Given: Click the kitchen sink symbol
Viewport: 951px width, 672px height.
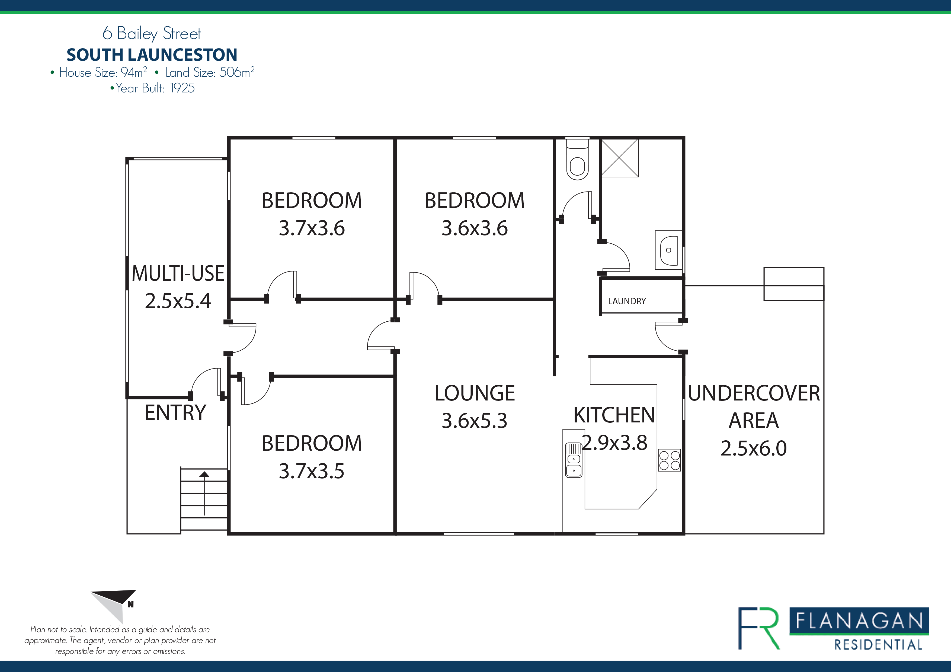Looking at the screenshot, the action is pyautogui.click(x=574, y=460).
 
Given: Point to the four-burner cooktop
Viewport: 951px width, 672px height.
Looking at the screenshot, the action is pyautogui.click(x=669, y=460).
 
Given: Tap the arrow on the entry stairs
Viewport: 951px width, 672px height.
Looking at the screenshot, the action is pyautogui.click(x=204, y=493).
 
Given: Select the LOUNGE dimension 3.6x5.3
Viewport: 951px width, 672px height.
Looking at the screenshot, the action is pyautogui.click(x=474, y=421).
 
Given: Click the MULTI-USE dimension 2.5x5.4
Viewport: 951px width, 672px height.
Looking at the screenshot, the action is pyautogui.click(x=178, y=301).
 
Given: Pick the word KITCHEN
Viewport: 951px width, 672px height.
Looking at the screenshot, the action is pyautogui.click(x=614, y=415).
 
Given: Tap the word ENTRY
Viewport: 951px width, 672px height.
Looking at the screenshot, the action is pyautogui.click(x=175, y=413).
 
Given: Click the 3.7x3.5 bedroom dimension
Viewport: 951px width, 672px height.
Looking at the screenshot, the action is pyautogui.click(x=312, y=471).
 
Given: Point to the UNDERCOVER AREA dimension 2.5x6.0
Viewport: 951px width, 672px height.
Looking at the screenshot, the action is pyautogui.click(x=753, y=448).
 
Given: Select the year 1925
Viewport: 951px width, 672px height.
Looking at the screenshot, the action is pyautogui.click(x=182, y=88).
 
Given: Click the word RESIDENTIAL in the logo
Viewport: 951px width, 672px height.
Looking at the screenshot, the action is pyautogui.click(x=878, y=645).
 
